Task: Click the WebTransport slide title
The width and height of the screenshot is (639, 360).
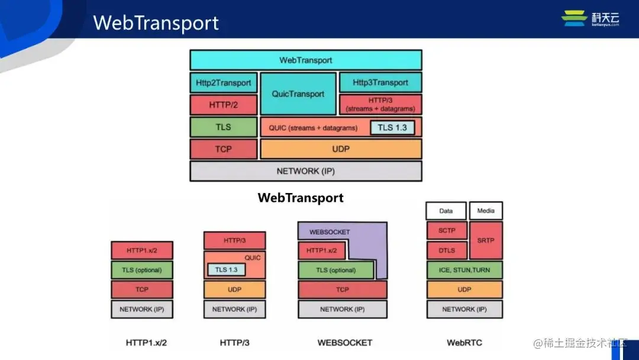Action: (x=156, y=22)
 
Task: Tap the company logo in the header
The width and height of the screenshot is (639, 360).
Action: (x=590, y=18)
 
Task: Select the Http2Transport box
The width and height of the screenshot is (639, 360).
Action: (x=223, y=83)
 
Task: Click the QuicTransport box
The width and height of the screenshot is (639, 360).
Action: (x=298, y=94)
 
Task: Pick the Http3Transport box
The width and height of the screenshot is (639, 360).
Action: (x=380, y=82)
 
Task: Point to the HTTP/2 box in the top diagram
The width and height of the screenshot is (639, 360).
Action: (x=223, y=105)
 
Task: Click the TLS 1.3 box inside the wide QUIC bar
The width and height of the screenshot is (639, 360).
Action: (x=392, y=127)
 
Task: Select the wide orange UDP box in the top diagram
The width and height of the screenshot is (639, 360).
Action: (x=341, y=149)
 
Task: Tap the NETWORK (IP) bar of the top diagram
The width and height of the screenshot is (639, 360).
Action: (x=305, y=171)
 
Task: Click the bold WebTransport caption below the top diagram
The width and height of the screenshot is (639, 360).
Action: (x=300, y=198)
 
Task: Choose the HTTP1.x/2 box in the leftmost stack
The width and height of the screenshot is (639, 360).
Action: (x=142, y=250)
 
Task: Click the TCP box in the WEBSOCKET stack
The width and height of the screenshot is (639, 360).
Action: (x=342, y=290)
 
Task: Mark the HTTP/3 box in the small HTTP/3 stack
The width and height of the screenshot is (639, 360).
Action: (x=234, y=240)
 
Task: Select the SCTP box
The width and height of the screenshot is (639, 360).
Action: (x=447, y=230)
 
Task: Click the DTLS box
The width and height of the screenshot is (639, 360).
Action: (x=447, y=250)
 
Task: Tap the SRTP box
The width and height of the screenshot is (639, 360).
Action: (x=486, y=240)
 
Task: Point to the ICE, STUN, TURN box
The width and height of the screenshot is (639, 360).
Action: (x=464, y=270)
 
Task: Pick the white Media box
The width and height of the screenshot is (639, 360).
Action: (x=486, y=211)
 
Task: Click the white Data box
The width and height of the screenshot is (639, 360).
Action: (x=446, y=211)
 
